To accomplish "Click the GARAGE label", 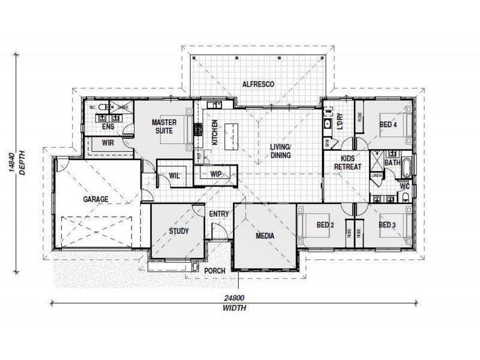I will (x=95, y=199).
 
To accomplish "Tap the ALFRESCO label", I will (x=258, y=85).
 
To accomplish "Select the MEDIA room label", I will (x=265, y=236).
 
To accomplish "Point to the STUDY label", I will (x=179, y=231).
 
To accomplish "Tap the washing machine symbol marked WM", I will (x=329, y=112).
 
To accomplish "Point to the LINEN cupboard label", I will (x=376, y=176).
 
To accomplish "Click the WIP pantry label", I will (x=216, y=174).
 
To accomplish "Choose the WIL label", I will (x=175, y=176).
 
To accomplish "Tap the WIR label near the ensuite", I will (x=108, y=143).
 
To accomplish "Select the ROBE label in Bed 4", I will (x=359, y=117).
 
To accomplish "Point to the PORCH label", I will (x=215, y=271).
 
